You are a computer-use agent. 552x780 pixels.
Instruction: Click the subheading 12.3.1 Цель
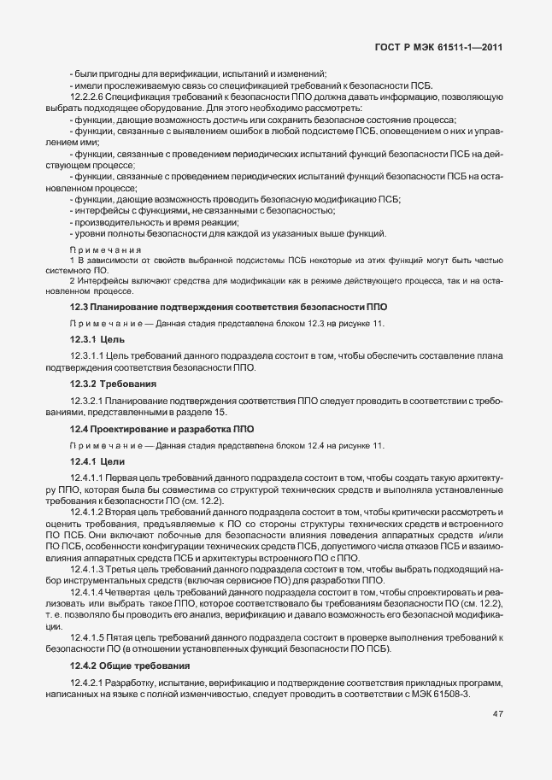click(97, 339)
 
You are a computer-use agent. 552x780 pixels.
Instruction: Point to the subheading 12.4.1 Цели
click(97, 460)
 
